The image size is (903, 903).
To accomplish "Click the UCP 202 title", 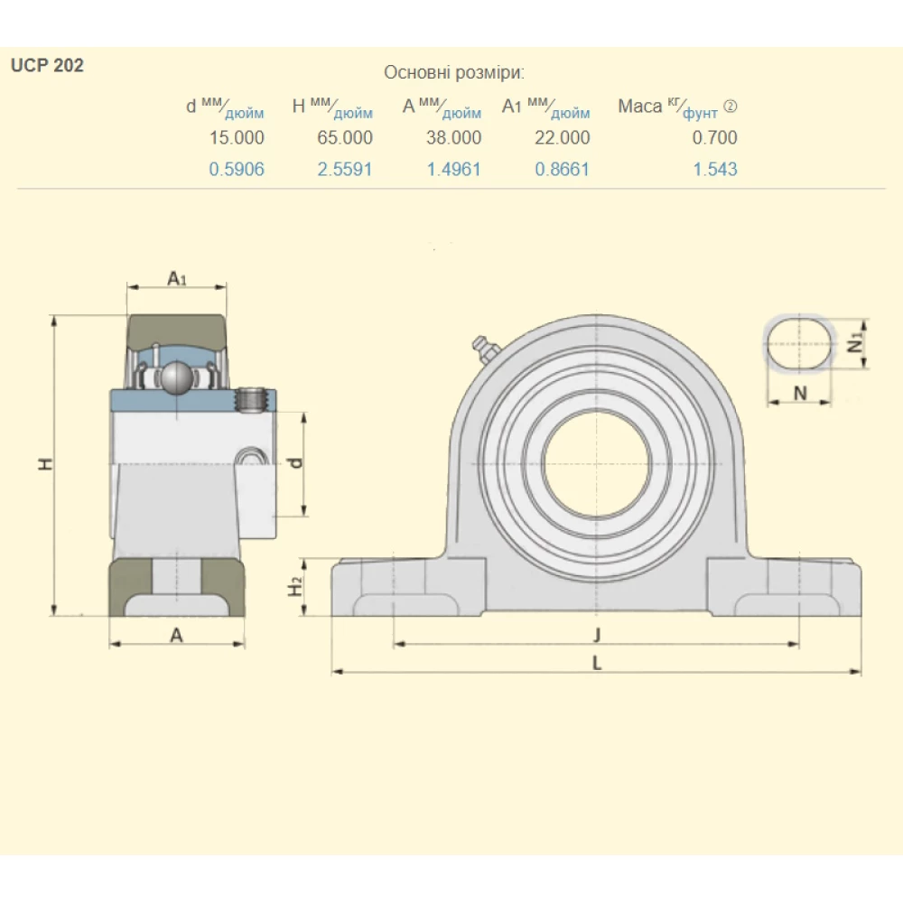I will pyautogui.click(x=47, y=66).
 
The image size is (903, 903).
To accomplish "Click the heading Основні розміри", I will pyautogui.click(x=454, y=72).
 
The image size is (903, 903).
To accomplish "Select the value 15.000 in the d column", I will pyautogui.click(x=237, y=137).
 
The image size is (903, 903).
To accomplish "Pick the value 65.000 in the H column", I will pyautogui.click(x=345, y=137).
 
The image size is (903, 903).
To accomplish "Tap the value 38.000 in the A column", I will pyautogui.click(x=453, y=137).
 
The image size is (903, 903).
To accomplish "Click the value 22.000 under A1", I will pyautogui.click(x=563, y=137).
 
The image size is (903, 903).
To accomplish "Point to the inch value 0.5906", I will pyautogui.click(x=237, y=169).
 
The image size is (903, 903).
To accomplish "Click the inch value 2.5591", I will pyautogui.click(x=345, y=169).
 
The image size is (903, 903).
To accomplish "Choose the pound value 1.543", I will pyautogui.click(x=715, y=169).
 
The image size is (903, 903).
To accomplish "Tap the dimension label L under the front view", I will pyautogui.click(x=596, y=663).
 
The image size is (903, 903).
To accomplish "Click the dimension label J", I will pyautogui.click(x=596, y=632).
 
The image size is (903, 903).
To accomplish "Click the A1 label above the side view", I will pyautogui.click(x=177, y=279).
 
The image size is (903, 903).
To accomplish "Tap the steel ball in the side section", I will pyautogui.click(x=175, y=377).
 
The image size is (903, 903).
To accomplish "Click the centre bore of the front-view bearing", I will pyautogui.click(x=597, y=461).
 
